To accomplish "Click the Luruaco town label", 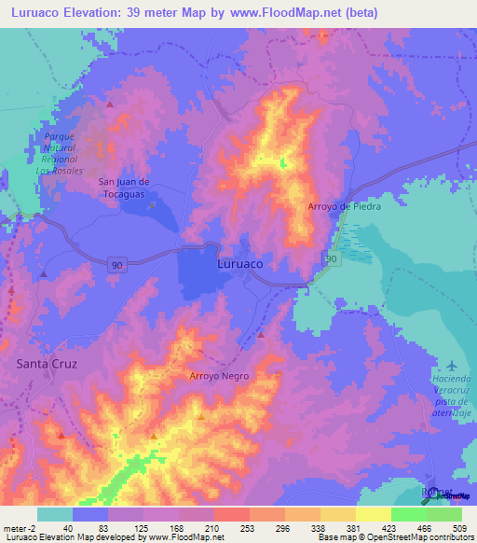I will coord(239,264).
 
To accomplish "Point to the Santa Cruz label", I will coord(46,362).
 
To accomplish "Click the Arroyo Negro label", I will coord(219,375).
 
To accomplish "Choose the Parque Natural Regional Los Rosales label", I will coord(60,153).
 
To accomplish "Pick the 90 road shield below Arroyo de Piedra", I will coord(331,257).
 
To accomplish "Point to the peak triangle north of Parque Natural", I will coord(110,104).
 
